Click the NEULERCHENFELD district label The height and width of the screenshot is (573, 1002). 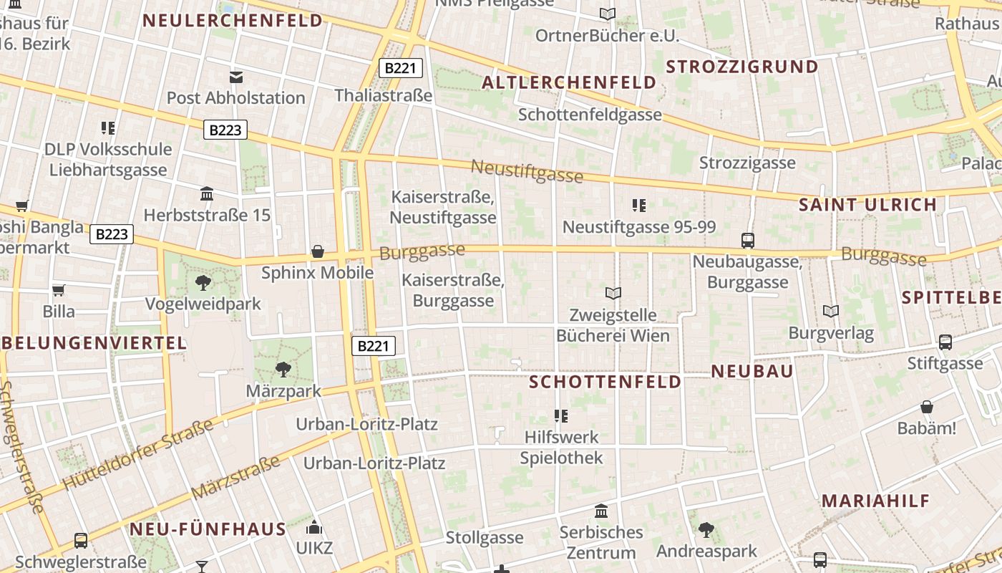click(x=233, y=20)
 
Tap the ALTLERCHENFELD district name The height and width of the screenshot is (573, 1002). click(x=569, y=82)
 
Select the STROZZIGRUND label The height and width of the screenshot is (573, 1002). click(x=741, y=67)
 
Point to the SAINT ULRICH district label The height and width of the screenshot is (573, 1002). click(x=867, y=204)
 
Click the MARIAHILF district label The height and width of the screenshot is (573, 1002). click(x=875, y=501)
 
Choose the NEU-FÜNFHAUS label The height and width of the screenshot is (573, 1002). click(x=208, y=529)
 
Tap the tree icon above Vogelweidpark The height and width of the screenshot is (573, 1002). click(x=203, y=282)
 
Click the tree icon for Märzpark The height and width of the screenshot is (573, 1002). click(x=283, y=370)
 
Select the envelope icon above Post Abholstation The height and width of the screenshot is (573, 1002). click(x=235, y=77)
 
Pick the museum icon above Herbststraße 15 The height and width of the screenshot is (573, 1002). click(x=208, y=193)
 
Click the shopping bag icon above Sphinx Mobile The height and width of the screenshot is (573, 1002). click(x=318, y=251)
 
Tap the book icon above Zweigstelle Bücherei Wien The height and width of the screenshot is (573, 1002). click(x=613, y=292)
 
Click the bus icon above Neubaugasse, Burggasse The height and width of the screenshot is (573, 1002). click(x=748, y=241)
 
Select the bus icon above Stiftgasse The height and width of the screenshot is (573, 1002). click(x=945, y=342)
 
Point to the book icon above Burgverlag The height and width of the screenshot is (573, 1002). click(x=831, y=312)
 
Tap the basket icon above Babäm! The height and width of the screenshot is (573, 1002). click(x=927, y=407)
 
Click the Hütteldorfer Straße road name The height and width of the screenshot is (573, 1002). click(x=137, y=455)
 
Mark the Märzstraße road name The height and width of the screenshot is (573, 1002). click(x=235, y=478)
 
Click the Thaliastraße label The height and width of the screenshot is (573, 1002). click(x=384, y=95)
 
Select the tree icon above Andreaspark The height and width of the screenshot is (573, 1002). click(x=706, y=530)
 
